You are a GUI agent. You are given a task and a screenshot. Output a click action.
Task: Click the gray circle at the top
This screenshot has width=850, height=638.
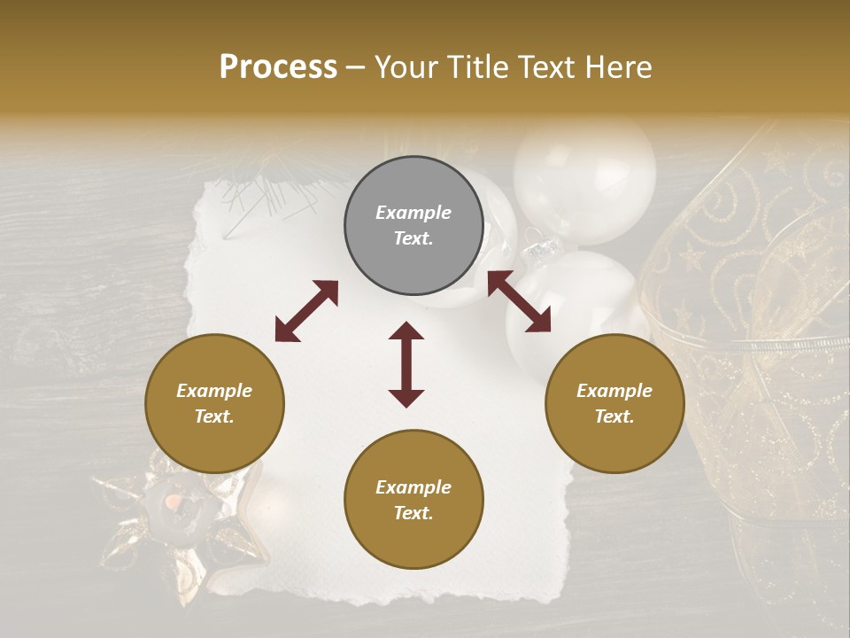(x=413, y=226)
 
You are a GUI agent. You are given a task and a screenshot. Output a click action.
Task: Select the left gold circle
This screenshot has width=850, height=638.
(x=214, y=403)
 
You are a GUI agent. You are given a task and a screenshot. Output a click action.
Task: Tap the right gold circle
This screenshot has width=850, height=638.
(x=614, y=403)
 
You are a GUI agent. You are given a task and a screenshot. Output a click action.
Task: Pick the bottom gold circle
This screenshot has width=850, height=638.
(x=413, y=500)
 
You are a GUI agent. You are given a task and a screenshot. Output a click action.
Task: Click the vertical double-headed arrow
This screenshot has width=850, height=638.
(x=406, y=364)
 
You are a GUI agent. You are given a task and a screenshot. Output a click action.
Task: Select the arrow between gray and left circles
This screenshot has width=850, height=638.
(x=306, y=311)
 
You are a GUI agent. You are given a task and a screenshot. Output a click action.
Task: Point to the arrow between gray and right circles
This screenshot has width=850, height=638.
(x=519, y=301)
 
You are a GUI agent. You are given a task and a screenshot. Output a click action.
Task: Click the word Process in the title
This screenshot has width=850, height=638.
(x=278, y=66)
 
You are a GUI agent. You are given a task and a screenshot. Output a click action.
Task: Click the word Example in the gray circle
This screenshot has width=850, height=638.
(x=413, y=213)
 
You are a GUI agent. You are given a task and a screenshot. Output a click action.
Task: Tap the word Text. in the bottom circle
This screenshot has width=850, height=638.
(x=413, y=513)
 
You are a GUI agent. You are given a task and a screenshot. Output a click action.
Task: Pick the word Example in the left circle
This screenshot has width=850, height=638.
(x=214, y=391)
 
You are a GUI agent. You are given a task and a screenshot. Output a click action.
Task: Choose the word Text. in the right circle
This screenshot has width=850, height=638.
(x=614, y=416)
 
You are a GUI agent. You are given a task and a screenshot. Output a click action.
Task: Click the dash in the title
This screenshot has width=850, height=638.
(x=355, y=68)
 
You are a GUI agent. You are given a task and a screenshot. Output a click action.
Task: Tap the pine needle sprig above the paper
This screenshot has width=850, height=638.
(x=266, y=191)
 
